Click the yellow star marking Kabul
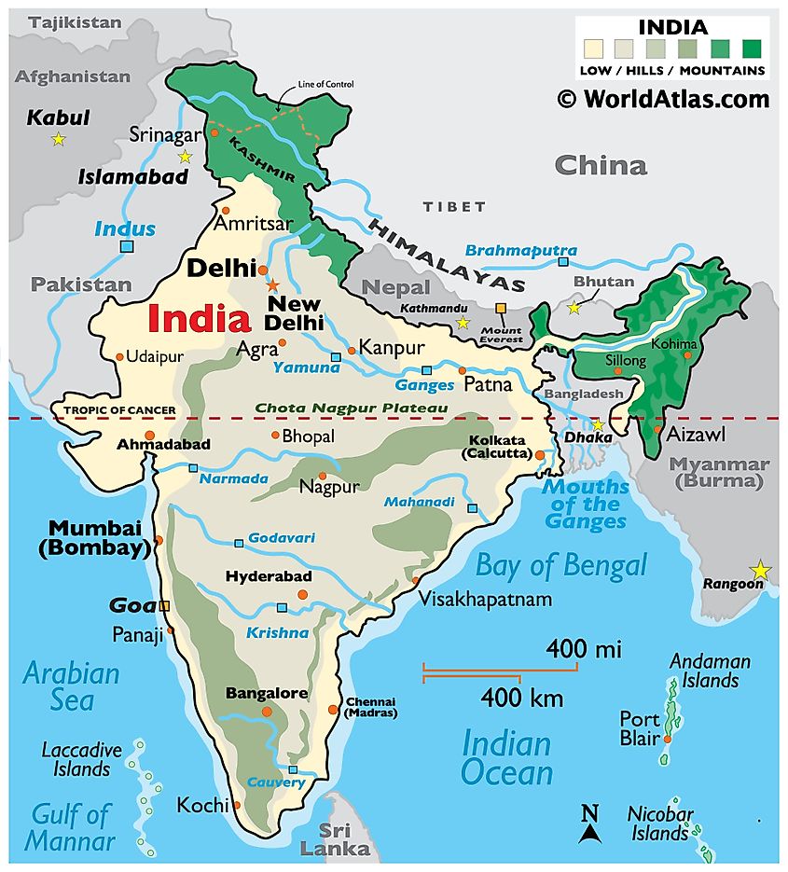[59, 139]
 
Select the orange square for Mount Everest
[502, 308]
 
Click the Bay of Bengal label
[560, 565]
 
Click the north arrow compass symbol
[589, 824]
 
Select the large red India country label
[200, 320]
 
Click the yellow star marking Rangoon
[761, 569]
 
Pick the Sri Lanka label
[334, 838]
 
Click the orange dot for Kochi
[238, 805]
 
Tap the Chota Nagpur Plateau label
[352, 408]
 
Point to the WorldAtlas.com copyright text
[663, 99]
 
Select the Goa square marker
[164, 606]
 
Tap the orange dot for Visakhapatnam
[415, 581]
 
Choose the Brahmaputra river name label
[520, 251]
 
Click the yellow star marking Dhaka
[598, 426]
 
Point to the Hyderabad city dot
[301, 594]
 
